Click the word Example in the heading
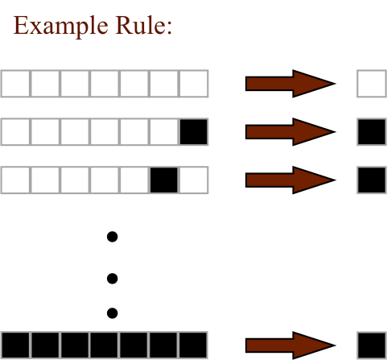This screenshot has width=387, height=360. (61, 26)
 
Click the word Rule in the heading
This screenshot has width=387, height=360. (141, 25)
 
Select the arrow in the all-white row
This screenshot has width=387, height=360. (290, 84)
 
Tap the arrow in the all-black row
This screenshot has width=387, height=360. (290, 346)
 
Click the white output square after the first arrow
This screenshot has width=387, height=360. (372, 84)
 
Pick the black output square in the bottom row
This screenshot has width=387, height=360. (372, 346)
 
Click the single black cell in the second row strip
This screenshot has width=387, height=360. (194, 132)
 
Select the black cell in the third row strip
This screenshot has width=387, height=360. (164, 180)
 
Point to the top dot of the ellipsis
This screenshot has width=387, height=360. (112, 237)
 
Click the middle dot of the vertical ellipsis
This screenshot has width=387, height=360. (112, 279)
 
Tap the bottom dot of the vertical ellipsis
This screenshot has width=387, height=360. (112, 313)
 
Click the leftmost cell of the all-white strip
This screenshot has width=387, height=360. (15, 84)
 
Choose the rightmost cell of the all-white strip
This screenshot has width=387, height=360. (194, 84)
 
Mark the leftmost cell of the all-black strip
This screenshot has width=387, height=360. (15, 346)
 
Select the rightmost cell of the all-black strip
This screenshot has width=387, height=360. (194, 346)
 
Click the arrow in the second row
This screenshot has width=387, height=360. (290, 132)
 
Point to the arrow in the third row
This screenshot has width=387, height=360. (290, 180)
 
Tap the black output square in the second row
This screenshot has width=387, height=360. (372, 132)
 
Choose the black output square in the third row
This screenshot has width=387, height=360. (372, 180)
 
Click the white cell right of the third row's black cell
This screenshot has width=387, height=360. (194, 180)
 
